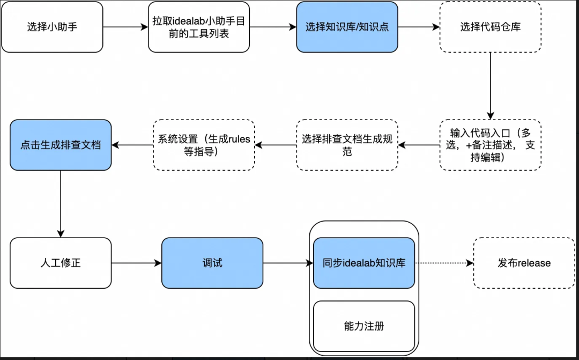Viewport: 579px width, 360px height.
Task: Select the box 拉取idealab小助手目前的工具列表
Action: [198, 27]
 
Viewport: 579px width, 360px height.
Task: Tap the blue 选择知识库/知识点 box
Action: [347, 27]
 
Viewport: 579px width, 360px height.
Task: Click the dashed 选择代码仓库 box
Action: [490, 27]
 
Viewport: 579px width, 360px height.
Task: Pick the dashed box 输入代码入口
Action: [490, 145]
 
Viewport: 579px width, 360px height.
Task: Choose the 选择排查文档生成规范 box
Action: [347, 145]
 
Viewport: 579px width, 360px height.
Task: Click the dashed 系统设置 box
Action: [204, 145]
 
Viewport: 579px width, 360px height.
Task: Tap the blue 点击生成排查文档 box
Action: [61, 145]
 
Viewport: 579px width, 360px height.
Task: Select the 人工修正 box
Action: [61, 263]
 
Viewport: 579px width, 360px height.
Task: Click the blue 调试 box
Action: [212, 263]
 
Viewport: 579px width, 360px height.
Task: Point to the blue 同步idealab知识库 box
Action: [364, 263]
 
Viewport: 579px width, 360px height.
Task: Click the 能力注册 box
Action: [364, 326]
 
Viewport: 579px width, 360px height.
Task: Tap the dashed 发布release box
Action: [524, 263]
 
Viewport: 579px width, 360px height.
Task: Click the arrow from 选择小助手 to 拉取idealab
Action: [125, 27]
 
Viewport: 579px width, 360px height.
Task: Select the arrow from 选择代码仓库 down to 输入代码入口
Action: [490, 86]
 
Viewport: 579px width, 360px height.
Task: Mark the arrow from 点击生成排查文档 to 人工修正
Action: [61, 204]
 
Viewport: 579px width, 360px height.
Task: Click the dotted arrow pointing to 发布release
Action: [444, 263]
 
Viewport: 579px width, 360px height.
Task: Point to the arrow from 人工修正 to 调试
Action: [136, 263]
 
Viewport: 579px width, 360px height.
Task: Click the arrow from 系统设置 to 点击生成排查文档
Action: [132, 145]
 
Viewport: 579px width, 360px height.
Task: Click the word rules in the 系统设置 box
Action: [239, 139]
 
